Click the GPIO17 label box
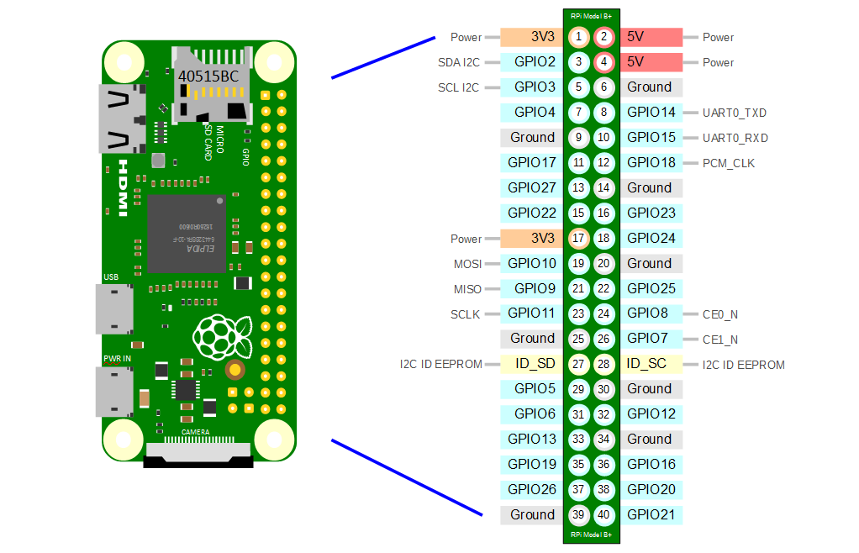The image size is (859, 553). [x=532, y=162]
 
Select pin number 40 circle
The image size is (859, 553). [x=604, y=514]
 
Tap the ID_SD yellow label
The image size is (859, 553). [x=532, y=364]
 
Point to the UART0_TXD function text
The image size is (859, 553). [x=735, y=113]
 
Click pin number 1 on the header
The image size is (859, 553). [x=578, y=37]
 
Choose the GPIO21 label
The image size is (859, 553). [x=651, y=514]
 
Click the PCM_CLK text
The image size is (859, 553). [x=729, y=163]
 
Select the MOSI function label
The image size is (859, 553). [x=468, y=264]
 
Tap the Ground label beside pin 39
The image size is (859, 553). [x=532, y=514]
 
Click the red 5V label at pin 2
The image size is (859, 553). [x=651, y=37]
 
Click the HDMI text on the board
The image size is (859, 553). [x=123, y=187]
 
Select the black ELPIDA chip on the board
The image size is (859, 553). [x=187, y=234]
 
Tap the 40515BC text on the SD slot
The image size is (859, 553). [x=208, y=76]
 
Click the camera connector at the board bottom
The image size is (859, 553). [x=198, y=459]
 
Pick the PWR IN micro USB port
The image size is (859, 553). [x=114, y=392]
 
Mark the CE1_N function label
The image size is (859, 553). [x=720, y=340]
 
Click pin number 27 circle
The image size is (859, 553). [x=578, y=364]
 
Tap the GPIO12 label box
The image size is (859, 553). [x=651, y=413]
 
